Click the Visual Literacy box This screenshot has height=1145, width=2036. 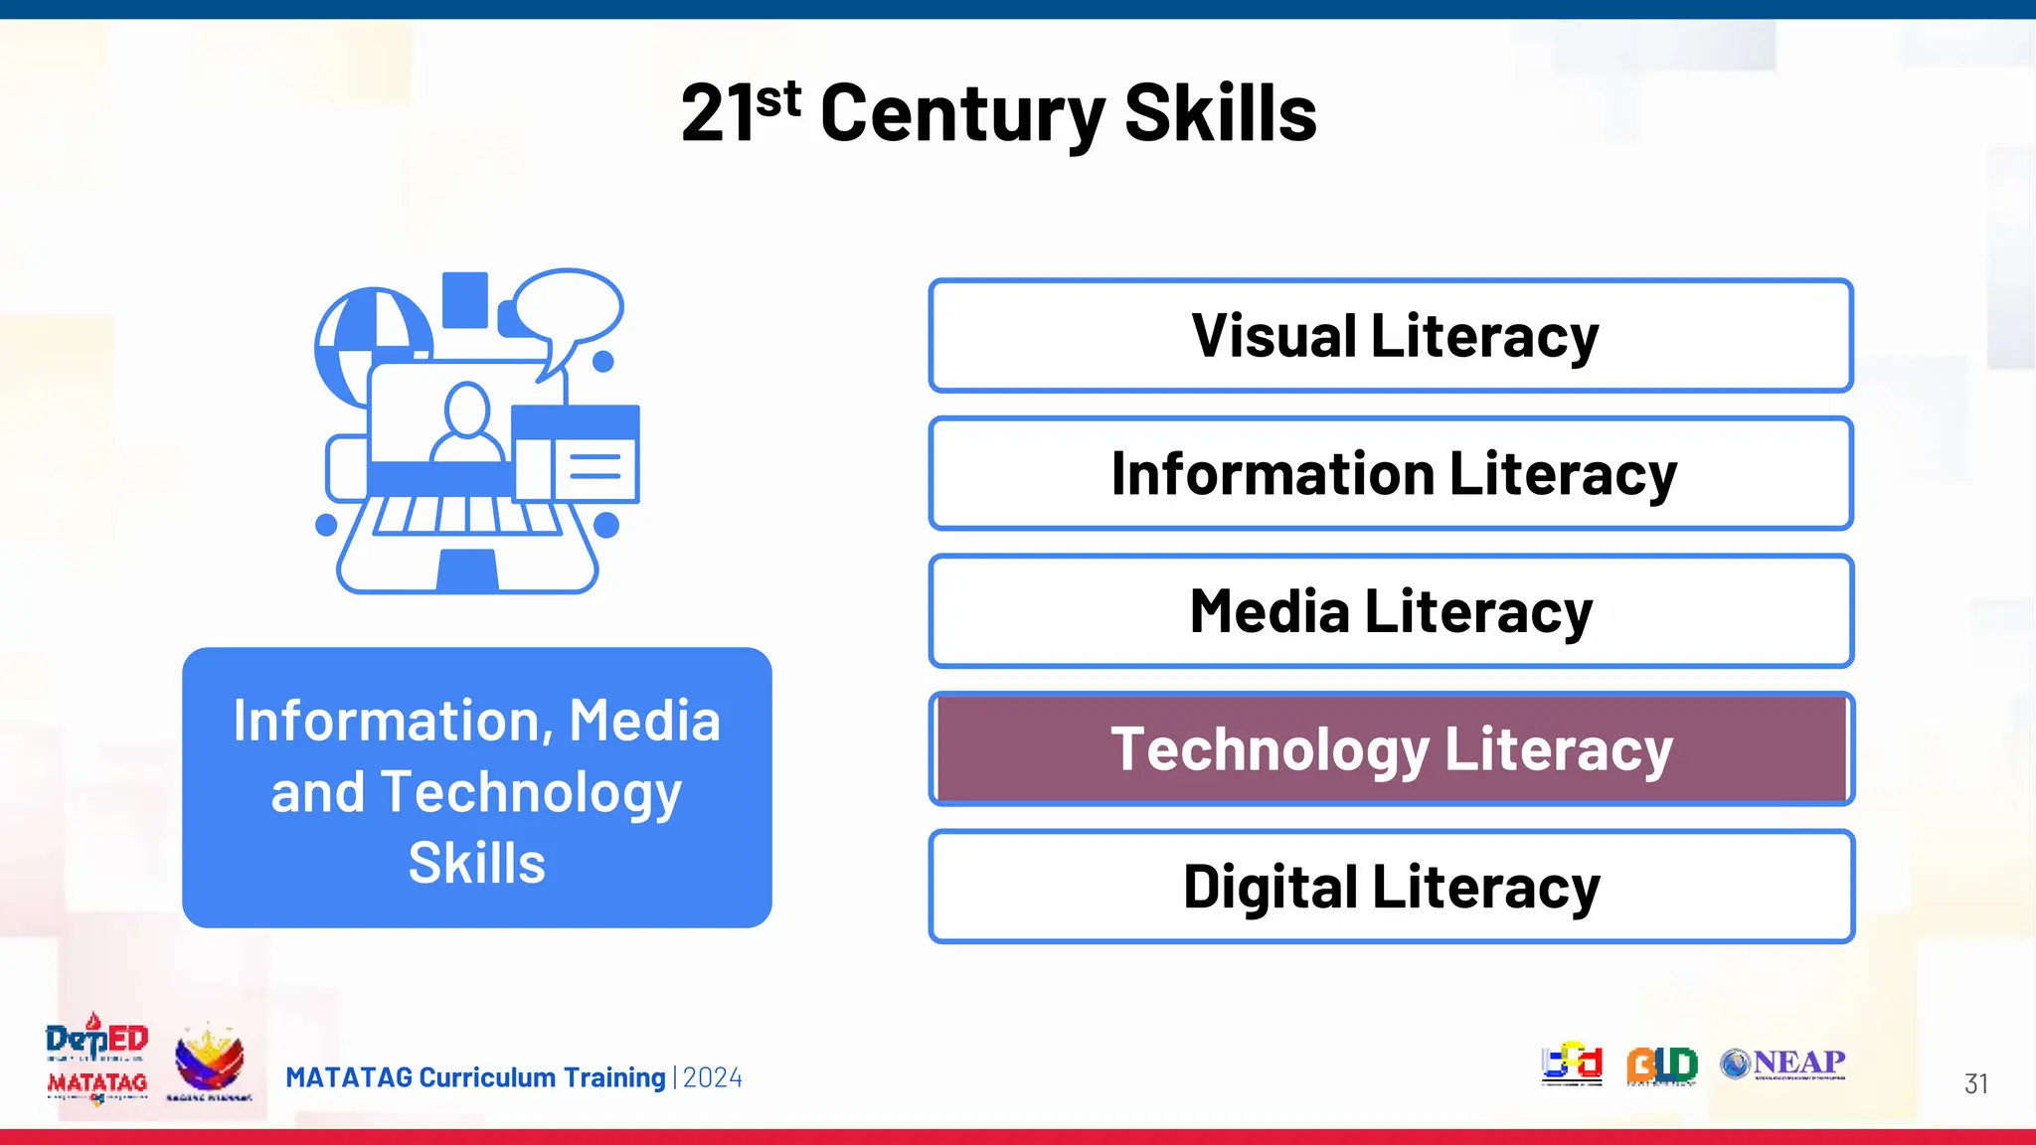(x=1391, y=336)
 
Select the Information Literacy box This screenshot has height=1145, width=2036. (x=1391, y=473)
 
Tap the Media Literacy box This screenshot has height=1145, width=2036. (x=1391, y=611)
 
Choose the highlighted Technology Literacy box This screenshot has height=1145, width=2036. (x=1391, y=748)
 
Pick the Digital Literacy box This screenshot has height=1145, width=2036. (x=1391, y=887)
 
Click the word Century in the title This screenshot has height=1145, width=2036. (x=961, y=113)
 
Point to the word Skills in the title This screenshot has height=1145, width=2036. (x=1220, y=113)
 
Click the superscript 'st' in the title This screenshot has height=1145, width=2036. (x=777, y=99)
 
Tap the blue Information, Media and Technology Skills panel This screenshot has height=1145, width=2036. (x=477, y=788)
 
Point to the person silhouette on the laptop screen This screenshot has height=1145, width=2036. (x=466, y=422)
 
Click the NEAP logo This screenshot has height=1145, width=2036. (x=1783, y=1063)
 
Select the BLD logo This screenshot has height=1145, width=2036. (x=1661, y=1064)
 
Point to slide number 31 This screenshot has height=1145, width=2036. (x=1975, y=1083)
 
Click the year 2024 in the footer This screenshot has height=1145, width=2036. (x=713, y=1077)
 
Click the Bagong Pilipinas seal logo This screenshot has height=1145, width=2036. (x=209, y=1061)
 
